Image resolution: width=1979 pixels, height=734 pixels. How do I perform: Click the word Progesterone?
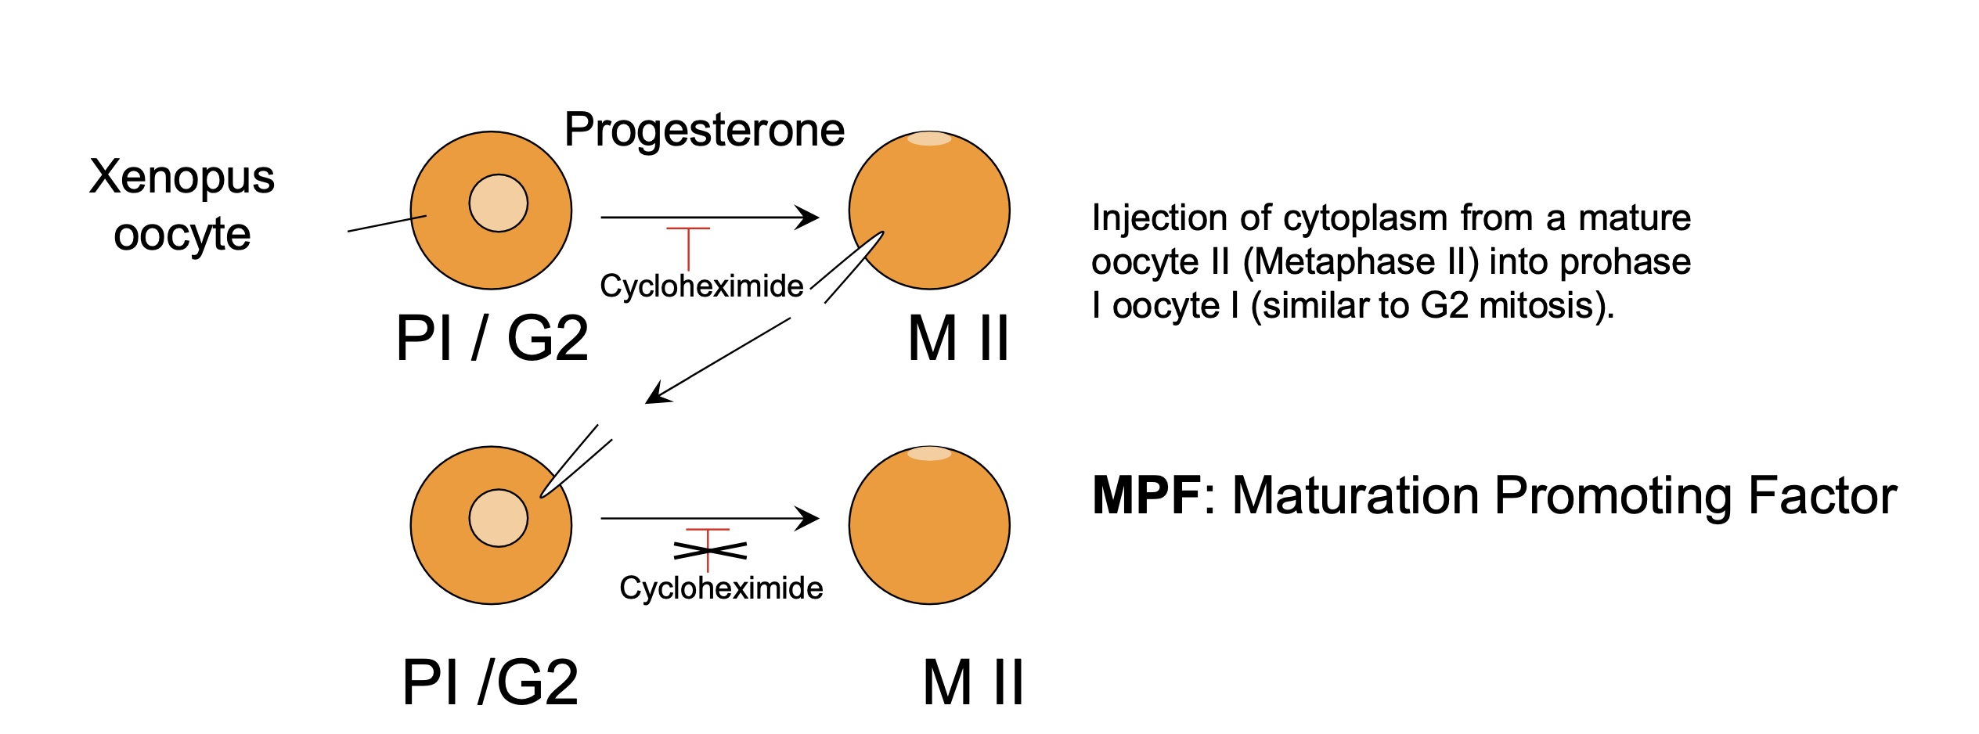(704, 130)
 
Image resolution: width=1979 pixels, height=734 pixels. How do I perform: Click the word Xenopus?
(182, 177)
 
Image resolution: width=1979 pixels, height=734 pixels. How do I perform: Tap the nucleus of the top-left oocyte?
(498, 203)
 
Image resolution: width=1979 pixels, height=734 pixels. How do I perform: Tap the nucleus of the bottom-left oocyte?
(498, 518)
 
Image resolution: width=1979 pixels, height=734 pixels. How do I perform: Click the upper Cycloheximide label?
(701, 286)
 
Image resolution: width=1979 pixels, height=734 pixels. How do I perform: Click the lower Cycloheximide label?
(720, 588)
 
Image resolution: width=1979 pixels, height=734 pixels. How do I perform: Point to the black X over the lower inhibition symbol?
(709, 551)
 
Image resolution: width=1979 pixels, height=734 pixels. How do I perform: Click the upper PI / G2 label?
(492, 339)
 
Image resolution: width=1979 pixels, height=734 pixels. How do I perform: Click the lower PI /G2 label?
(490, 682)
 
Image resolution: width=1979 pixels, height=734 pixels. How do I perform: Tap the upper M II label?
(958, 339)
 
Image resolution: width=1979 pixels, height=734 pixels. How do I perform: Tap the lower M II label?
(972, 682)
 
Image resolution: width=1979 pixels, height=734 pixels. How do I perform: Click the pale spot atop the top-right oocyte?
(928, 139)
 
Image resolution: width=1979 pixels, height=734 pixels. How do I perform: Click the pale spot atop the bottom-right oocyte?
(928, 454)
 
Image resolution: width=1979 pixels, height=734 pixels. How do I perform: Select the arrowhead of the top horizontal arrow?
(809, 218)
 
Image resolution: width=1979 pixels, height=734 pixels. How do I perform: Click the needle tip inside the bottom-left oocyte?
(543, 494)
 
